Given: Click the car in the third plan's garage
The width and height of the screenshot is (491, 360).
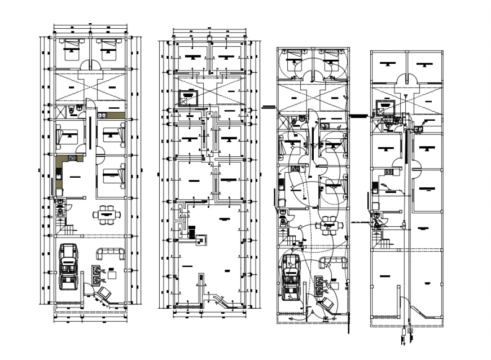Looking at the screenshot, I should [x=292, y=276].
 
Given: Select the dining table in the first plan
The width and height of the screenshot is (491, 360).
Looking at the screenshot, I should [x=106, y=214].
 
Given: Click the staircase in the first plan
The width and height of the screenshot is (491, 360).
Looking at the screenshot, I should [x=66, y=229].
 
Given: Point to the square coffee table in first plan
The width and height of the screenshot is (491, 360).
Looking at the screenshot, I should [x=112, y=274].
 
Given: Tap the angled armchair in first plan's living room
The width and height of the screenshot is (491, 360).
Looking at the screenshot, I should [x=104, y=293].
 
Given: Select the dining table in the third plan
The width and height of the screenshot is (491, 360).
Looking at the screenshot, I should [x=327, y=226].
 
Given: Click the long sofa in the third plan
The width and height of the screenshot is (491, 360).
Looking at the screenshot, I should [x=333, y=262].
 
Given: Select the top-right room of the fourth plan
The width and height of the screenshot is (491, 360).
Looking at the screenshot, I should [x=425, y=65].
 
